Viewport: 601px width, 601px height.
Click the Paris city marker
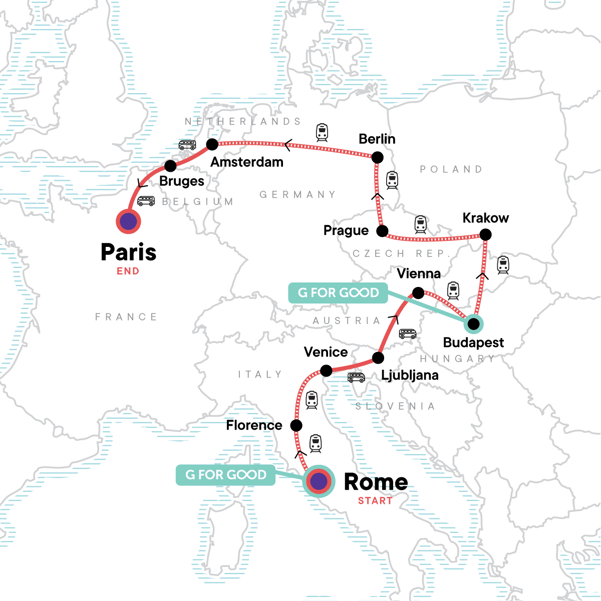(x=128, y=221)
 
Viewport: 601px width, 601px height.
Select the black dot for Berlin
(x=377, y=157)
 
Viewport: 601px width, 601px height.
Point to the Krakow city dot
(x=485, y=234)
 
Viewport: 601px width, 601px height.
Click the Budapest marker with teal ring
(x=473, y=324)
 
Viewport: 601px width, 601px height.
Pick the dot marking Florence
(x=296, y=426)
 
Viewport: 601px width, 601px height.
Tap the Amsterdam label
(x=247, y=162)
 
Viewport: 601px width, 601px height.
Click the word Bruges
(x=182, y=181)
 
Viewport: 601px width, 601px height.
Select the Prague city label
(x=346, y=230)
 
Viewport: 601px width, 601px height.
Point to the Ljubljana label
(x=410, y=375)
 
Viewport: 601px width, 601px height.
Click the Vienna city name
(x=419, y=273)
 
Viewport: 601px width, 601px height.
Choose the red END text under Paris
(x=128, y=271)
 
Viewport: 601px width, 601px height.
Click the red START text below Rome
(x=375, y=500)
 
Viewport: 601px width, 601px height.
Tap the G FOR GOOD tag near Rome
(x=226, y=475)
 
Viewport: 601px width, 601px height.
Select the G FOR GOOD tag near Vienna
(x=338, y=292)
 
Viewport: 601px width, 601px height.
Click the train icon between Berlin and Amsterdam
(x=322, y=132)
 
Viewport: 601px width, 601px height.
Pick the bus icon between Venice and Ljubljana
(x=356, y=378)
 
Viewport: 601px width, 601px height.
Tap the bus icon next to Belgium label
(x=146, y=201)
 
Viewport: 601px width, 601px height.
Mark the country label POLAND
(x=451, y=169)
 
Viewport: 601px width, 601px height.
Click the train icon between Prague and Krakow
(x=421, y=224)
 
